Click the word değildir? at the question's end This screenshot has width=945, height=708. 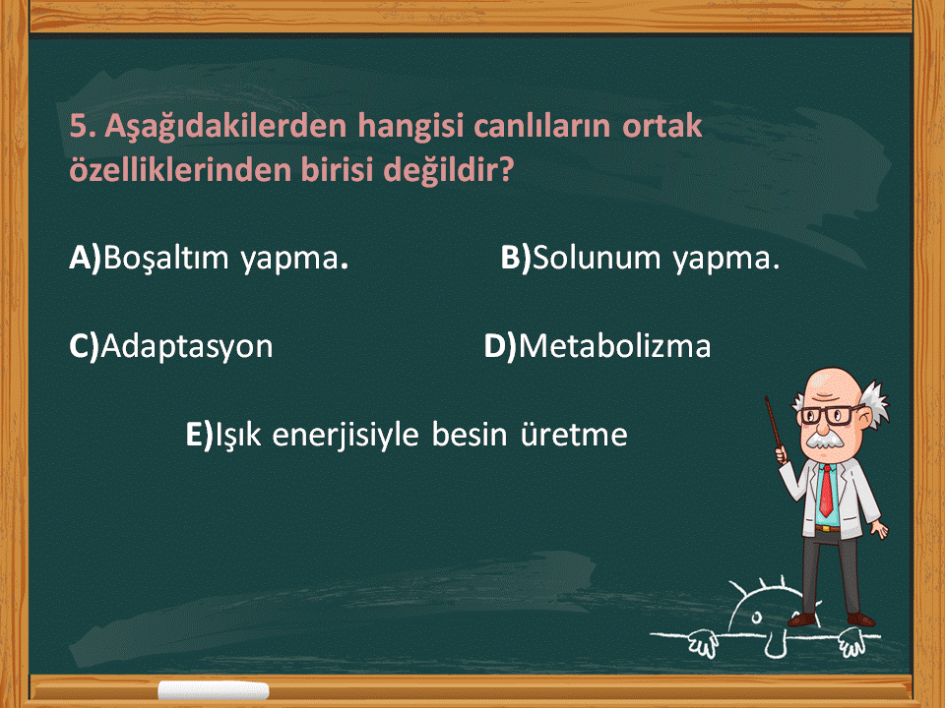pyautogui.click(x=449, y=170)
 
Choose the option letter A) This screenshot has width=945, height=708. pyautogui.click(x=85, y=258)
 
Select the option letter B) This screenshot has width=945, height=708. pyautogui.click(x=516, y=258)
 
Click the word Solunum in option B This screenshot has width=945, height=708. pyautogui.click(x=598, y=259)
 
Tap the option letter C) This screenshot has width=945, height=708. pyautogui.click(x=84, y=346)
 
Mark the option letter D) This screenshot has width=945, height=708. pyautogui.click(x=501, y=346)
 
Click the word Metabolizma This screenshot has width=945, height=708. pyautogui.click(x=614, y=346)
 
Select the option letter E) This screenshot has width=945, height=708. pyautogui.click(x=200, y=434)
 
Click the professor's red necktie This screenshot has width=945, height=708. pyautogui.click(x=826, y=490)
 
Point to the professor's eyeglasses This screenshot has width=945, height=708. pyautogui.click(x=828, y=415)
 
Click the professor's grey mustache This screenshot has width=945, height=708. pyautogui.click(x=825, y=440)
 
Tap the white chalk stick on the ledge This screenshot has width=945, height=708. pyautogui.click(x=214, y=690)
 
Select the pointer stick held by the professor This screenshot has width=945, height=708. pyautogui.click(x=775, y=425)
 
